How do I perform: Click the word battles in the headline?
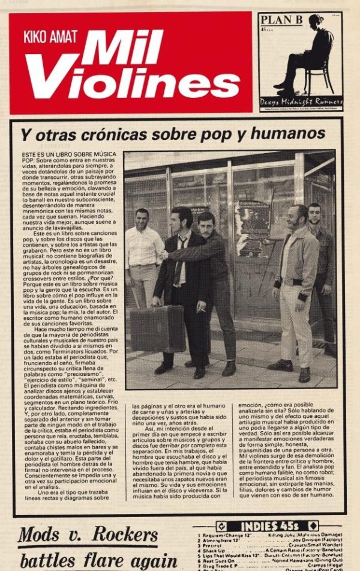click(50, 560)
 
